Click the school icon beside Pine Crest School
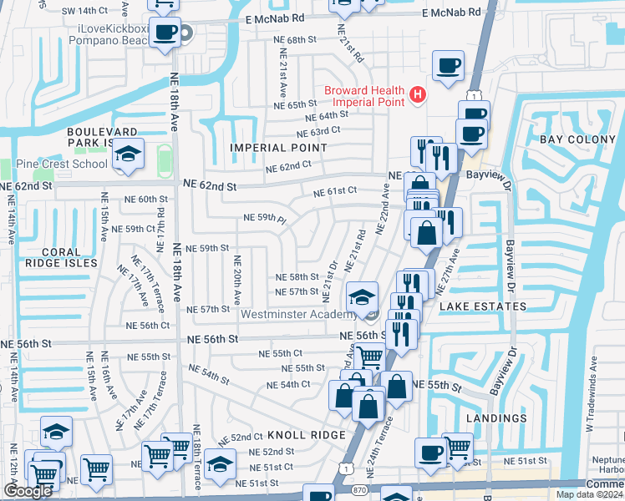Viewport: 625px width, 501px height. point(128,154)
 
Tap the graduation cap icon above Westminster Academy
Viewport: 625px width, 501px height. point(362,297)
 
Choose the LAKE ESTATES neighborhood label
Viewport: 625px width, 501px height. point(483,306)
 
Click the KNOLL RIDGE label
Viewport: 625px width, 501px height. point(306,436)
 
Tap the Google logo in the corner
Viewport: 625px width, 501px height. point(28,491)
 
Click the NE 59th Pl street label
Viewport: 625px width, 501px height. point(264,218)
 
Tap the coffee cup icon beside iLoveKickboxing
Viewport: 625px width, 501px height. point(165,33)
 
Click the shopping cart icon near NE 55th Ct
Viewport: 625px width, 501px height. point(368,357)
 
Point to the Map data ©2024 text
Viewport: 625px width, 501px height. point(590,494)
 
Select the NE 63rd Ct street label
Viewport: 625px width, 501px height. point(318,131)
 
